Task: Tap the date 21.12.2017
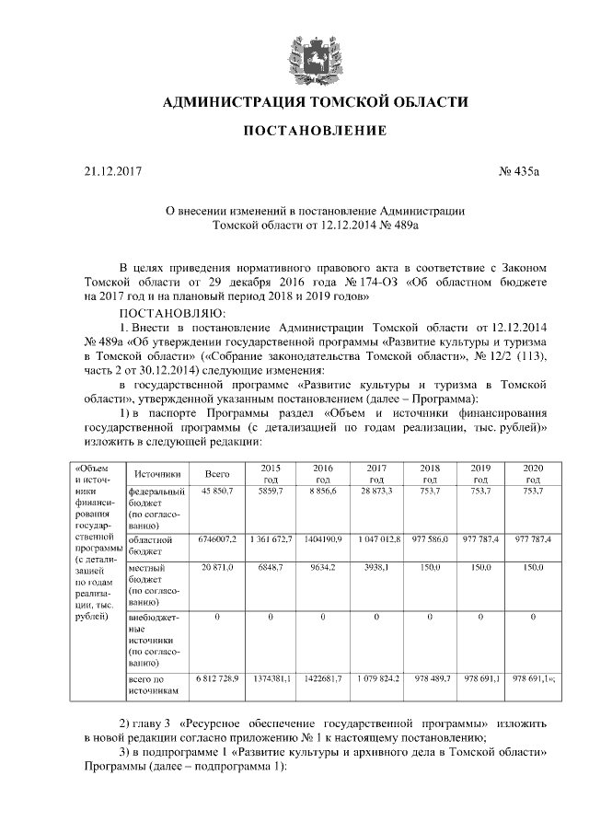109,171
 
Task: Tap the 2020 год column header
533,473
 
